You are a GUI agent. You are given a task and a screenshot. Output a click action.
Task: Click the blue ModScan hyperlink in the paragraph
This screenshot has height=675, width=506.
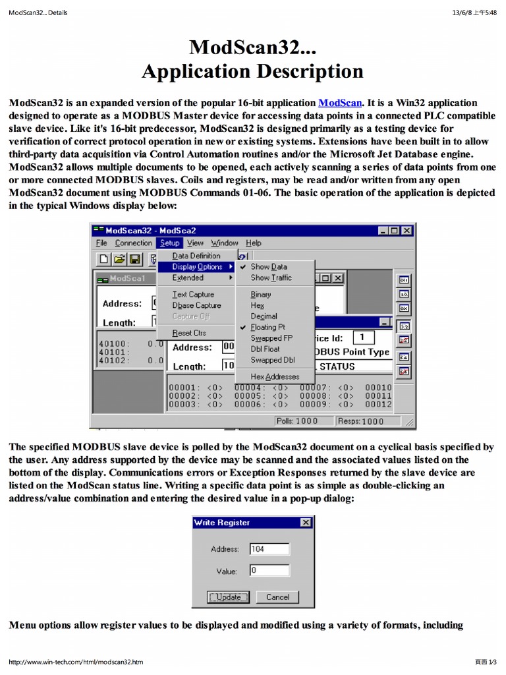tap(340, 103)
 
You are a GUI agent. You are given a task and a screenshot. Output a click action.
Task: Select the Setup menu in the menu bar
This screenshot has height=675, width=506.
tap(169, 243)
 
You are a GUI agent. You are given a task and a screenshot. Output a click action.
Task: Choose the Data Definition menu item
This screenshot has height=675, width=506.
tap(196, 256)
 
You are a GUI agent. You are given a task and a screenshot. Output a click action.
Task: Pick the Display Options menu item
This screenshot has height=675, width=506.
tap(197, 267)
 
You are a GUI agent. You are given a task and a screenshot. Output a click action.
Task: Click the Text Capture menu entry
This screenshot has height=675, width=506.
tap(192, 295)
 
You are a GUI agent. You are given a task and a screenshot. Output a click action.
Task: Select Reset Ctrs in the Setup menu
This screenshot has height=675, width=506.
tap(188, 334)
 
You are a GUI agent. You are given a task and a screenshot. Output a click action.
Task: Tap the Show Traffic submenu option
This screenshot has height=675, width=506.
tap(271, 278)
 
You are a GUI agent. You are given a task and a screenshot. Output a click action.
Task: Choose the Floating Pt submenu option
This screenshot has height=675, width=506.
tap(267, 327)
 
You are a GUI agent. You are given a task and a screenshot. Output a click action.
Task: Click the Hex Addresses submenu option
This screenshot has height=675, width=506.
tap(275, 376)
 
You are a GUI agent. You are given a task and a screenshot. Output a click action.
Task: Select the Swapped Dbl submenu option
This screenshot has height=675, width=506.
tap(272, 361)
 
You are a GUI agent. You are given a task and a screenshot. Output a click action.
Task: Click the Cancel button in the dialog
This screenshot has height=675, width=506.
tap(277, 597)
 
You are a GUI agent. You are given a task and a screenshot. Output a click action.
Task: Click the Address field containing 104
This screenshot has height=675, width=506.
tap(269, 549)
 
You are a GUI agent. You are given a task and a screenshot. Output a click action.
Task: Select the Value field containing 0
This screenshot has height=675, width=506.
tap(269, 571)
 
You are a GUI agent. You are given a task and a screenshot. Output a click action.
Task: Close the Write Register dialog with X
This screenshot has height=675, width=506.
tap(305, 523)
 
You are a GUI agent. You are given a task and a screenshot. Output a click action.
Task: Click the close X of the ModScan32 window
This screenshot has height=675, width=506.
tap(407, 231)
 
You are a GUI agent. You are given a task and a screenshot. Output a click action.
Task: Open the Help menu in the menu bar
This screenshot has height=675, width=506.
tap(253, 243)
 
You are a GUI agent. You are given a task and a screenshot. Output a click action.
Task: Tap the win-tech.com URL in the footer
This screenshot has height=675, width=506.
tap(76, 662)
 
